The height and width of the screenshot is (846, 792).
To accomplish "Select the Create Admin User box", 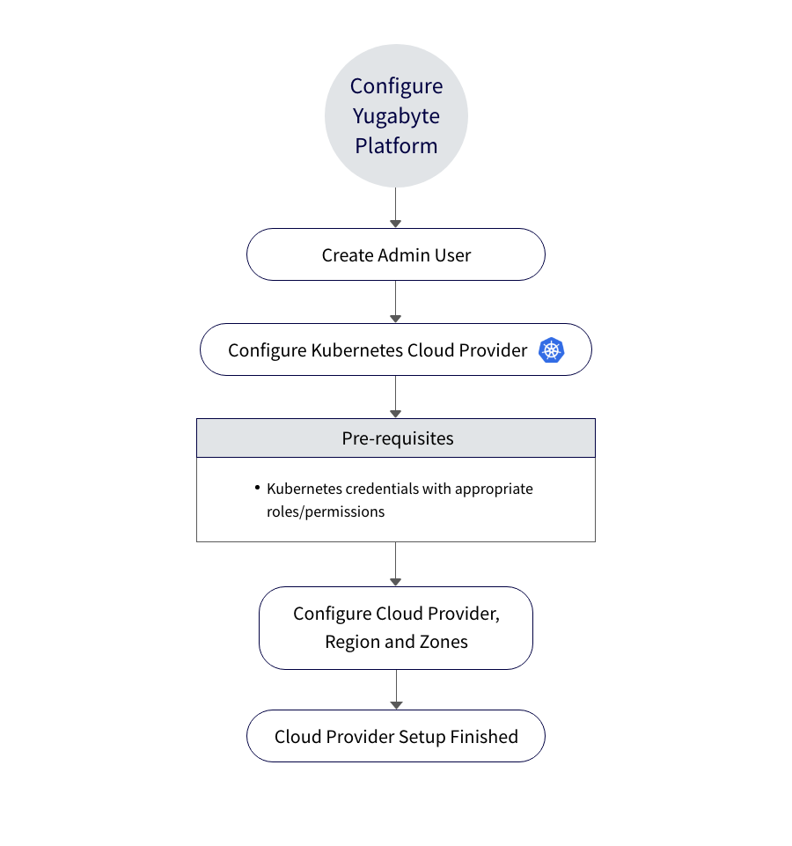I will pyautogui.click(x=396, y=255).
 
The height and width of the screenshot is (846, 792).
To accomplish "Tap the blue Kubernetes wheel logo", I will pyautogui.click(x=552, y=350).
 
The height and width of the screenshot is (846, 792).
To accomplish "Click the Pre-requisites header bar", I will pyautogui.click(x=396, y=438).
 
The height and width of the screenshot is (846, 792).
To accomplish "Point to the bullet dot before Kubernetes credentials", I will pyautogui.click(x=257, y=487).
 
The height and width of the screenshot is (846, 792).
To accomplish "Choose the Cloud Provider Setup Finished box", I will pyautogui.click(x=396, y=737).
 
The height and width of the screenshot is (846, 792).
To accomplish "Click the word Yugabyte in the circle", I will pyautogui.click(x=396, y=116).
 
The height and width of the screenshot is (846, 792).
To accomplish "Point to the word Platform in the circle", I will pyautogui.click(x=396, y=146).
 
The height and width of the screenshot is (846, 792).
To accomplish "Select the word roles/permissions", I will pyautogui.click(x=326, y=511).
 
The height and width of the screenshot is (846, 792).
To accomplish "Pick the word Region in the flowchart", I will pyautogui.click(x=353, y=642).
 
